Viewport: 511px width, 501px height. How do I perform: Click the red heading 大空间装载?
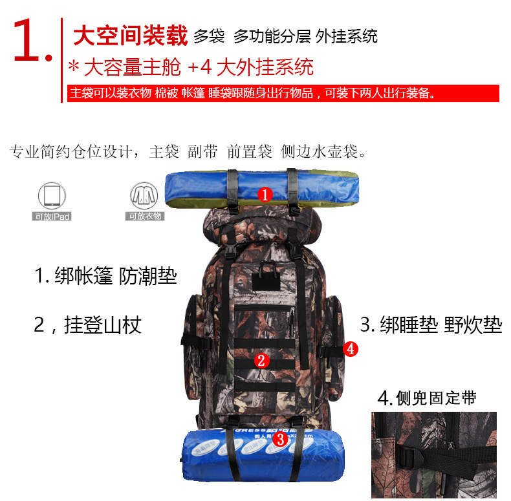[129, 36]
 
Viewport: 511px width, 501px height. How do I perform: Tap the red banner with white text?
[283, 93]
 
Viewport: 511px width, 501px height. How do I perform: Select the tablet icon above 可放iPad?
[52, 195]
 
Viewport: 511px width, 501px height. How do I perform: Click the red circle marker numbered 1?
[265, 193]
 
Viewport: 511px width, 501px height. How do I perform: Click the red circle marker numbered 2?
[261, 360]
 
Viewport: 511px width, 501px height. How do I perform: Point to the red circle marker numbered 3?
[280, 440]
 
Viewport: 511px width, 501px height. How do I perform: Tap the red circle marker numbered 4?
[350, 349]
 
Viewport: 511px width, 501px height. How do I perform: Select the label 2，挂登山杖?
[87, 324]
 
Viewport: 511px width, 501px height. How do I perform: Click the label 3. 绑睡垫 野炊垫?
[431, 324]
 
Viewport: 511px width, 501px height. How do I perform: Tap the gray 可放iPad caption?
[52, 217]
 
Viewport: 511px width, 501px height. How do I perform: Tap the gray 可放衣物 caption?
[145, 217]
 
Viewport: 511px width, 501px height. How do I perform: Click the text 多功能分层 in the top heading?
[271, 36]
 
